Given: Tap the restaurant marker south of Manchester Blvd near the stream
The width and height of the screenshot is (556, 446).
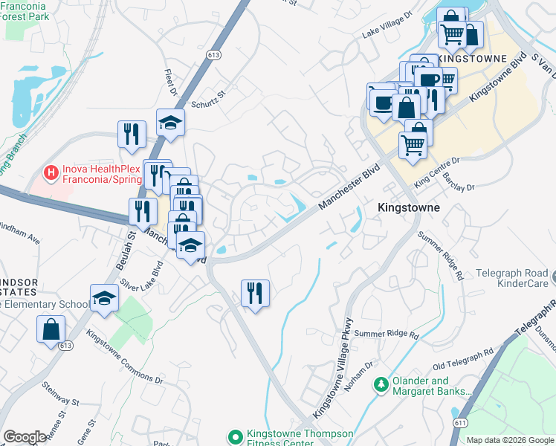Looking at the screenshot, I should coord(255,293).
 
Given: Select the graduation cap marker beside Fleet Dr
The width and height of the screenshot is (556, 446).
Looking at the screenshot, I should coord(170,123).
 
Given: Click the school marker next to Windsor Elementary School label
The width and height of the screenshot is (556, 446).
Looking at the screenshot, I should coord(104,298).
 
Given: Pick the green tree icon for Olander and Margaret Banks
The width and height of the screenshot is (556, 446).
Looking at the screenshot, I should coord(381,384).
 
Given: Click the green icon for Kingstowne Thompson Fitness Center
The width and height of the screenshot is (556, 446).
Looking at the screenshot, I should coord(236,436).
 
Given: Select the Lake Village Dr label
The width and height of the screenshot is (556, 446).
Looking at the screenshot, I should coord(387,33).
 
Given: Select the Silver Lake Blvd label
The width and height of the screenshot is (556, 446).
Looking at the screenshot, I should coord(141,277).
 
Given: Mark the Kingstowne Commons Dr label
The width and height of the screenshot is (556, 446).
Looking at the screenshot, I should coord(124,357).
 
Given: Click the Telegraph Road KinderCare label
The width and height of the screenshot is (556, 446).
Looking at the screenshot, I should coord(508,278).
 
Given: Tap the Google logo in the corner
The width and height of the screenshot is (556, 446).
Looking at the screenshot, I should coord(25,437).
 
